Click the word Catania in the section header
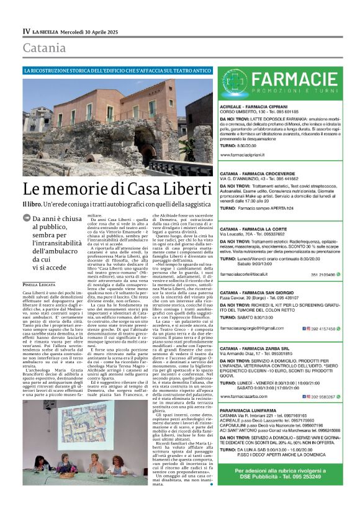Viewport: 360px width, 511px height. pos(44,48)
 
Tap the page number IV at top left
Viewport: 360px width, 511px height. pos(27,30)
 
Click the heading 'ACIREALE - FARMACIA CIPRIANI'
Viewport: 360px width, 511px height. pos(259,107)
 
